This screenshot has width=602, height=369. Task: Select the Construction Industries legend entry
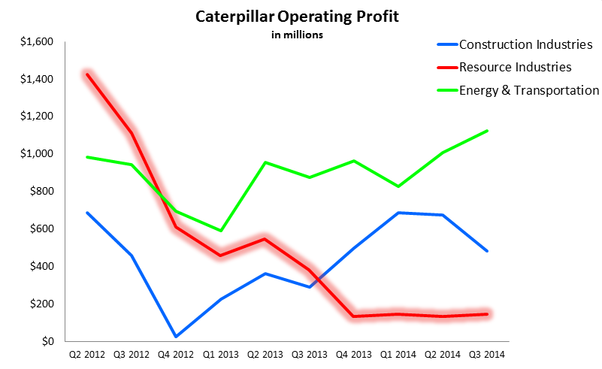pos(526,44)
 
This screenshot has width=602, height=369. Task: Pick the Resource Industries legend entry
pos(515,67)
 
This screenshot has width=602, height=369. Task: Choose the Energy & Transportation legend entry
pos(528,90)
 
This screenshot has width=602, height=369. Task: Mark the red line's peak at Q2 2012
pos(87,74)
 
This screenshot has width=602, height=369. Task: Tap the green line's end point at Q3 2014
pos(486,131)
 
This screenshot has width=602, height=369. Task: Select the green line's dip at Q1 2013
pos(220,231)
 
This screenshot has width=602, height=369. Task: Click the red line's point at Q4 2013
pos(353,316)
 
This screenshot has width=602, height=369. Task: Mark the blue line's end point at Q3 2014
pos(486,251)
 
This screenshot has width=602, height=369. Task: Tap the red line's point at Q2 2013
pos(265,239)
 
